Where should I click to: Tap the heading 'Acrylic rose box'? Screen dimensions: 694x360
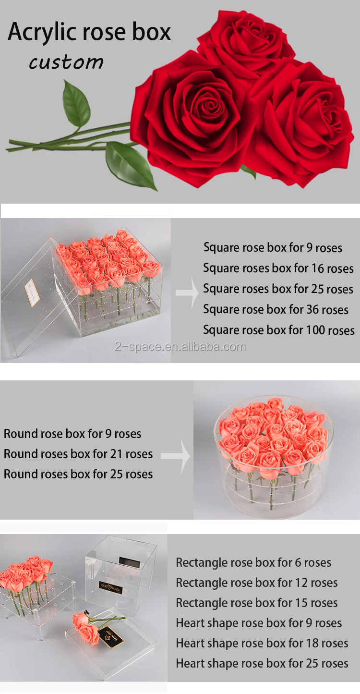coord(89,32)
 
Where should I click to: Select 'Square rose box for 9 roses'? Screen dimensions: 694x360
coord(273,248)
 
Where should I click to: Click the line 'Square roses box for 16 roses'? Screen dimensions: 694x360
coord(278,268)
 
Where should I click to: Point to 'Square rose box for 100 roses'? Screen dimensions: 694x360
coord(279,330)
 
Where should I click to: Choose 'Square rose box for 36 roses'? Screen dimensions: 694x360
coord(276,310)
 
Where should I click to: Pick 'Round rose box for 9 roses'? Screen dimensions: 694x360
coord(72,434)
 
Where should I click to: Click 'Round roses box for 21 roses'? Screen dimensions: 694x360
coord(78,454)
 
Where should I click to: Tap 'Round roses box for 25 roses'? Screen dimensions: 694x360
coord(78,475)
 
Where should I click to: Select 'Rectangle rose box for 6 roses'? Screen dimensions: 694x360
coord(253,563)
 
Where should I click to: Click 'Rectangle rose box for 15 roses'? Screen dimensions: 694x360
coord(257,603)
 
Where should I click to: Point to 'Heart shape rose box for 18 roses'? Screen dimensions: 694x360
coord(262,644)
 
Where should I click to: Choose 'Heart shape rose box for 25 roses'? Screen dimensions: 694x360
coord(262,664)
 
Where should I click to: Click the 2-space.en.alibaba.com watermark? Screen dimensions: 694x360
coord(180,347)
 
